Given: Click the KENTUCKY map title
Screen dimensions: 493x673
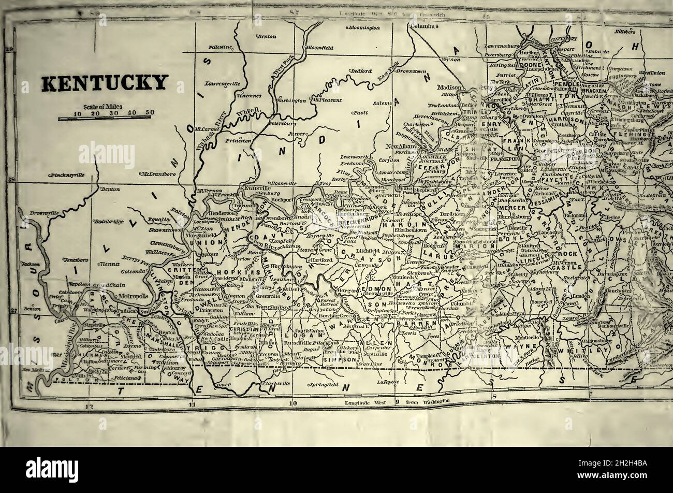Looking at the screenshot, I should pos(105,83).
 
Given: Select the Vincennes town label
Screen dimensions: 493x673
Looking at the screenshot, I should pos(249,96).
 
